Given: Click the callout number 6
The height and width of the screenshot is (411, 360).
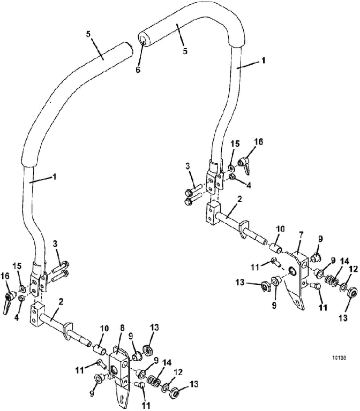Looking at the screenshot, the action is (138, 70).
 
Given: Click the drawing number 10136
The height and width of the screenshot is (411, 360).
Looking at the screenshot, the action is (339, 357).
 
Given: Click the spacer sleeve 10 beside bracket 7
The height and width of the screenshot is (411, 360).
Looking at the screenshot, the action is (276, 248).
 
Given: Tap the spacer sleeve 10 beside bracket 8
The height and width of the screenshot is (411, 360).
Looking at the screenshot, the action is (100, 349).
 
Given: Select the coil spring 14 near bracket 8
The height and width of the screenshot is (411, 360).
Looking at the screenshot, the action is (154, 381).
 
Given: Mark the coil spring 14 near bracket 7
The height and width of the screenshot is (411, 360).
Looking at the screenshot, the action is (332, 281).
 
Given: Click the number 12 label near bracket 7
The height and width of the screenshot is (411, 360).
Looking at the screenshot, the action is (353, 270).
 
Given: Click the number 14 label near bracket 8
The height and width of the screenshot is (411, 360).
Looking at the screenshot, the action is (167, 363).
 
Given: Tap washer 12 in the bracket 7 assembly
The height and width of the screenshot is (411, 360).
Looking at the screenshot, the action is (343, 287).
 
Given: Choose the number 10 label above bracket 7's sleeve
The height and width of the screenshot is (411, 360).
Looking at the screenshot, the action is (280, 230).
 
